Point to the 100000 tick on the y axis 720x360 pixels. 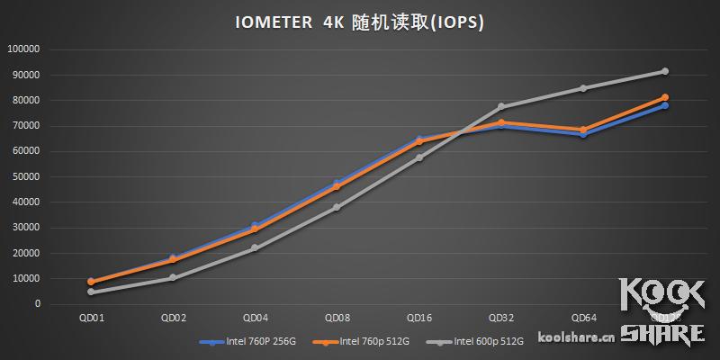point(24,49)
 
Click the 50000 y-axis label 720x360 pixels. point(27,176)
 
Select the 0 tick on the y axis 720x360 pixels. point(38,304)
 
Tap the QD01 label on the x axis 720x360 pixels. point(90,319)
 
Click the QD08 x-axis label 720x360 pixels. point(337,319)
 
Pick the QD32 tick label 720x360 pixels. point(501,319)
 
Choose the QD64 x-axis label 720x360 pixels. point(583,319)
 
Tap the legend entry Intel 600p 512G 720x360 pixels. point(485,342)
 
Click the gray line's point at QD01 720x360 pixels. point(90,292)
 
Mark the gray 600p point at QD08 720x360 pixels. point(337,207)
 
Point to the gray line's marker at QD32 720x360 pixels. point(501,106)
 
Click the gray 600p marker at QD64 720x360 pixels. point(583,88)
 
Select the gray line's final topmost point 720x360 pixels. point(665,71)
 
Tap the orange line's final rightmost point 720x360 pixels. point(665,97)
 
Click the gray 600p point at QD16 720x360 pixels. point(419,157)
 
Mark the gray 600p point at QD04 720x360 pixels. point(255,247)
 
